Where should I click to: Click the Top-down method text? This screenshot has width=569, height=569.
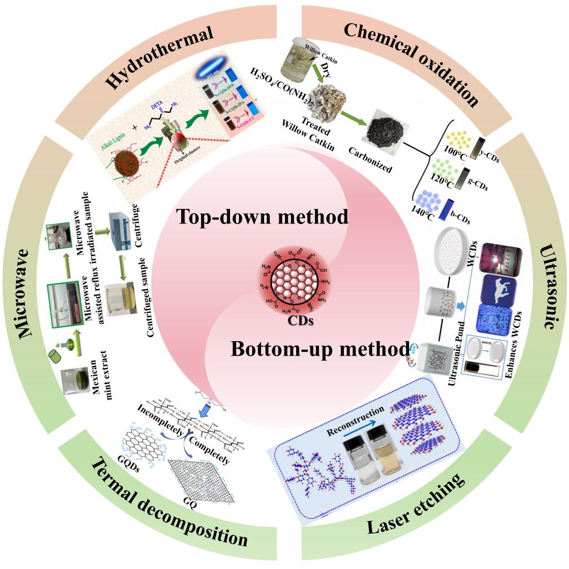coord(262,216)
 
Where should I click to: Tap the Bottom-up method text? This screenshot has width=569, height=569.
coord(320,350)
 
